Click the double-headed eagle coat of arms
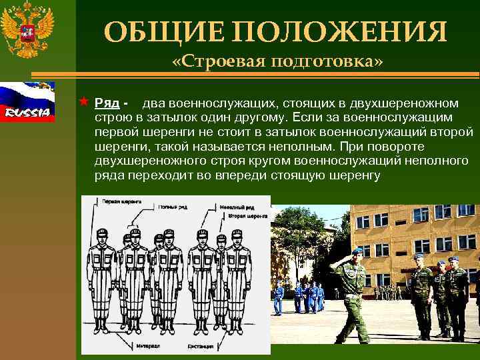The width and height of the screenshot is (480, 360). click(x=27, y=29)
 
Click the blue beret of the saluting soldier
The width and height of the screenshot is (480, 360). click(x=357, y=251)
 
